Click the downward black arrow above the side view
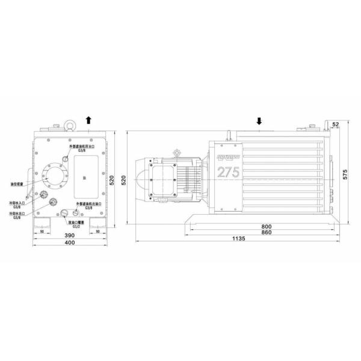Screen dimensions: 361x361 259,120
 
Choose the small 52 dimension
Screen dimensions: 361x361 335,124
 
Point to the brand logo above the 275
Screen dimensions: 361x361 227,156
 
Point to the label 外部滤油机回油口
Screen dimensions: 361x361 81,146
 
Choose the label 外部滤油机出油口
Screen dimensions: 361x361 88,205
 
